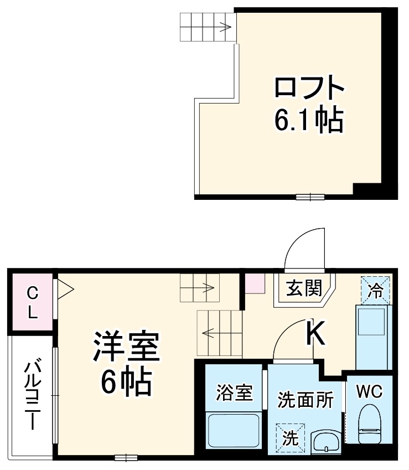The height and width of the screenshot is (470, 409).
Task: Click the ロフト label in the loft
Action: click(310, 89)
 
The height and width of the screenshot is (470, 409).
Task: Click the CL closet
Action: click(32, 302)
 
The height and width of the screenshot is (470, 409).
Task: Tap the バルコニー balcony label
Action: click(32, 395)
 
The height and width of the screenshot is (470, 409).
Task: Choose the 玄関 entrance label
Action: click(304, 288)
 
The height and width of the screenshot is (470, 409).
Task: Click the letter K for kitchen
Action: click(315, 333)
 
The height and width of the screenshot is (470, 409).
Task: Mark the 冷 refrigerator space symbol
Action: click(375, 290)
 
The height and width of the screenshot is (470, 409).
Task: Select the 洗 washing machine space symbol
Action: click(291, 438)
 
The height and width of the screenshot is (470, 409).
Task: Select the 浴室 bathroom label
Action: click(233, 392)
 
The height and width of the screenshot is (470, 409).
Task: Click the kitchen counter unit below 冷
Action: click(372, 335)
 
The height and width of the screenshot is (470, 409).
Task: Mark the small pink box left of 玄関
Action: click(255, 283)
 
